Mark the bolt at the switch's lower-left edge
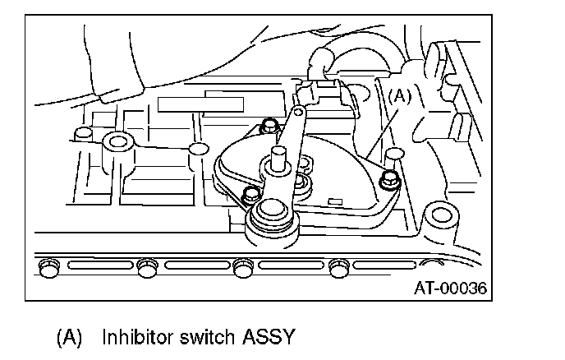tap(250, 195)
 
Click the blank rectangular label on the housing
tap(202, 104)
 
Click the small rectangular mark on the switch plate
tap(333, 198)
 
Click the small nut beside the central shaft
tap(303, 182)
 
